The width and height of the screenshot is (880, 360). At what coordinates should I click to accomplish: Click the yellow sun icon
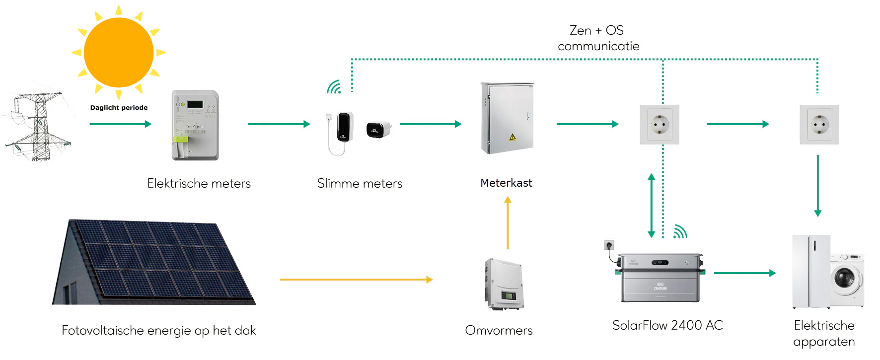(119, 52)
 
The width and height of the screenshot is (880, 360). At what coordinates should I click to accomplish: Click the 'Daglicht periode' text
(119, 108)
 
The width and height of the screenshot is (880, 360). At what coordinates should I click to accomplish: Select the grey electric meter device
(195, 125)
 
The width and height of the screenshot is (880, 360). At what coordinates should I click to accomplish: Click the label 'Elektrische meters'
(199, 184)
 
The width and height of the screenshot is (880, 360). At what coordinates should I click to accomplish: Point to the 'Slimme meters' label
(360, 184)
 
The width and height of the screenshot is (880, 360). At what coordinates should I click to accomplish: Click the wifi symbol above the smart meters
(334, 87)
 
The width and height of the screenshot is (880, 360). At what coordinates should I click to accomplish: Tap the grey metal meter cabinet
(507, 118)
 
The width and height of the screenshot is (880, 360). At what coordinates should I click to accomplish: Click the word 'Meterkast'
(506, 183)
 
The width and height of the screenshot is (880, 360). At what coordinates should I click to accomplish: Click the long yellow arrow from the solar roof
(356, 280)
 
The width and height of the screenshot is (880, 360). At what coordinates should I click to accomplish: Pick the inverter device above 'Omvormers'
(504, 284)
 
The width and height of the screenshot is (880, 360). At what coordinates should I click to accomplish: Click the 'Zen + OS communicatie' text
(598, 38)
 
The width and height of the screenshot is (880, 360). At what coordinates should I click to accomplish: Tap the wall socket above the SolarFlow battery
(660, 125)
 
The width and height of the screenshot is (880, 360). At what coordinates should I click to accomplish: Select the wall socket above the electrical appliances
(819, 125)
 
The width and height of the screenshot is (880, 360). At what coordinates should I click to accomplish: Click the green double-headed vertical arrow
(652, 205)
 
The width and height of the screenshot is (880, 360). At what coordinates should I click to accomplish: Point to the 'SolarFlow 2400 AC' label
(667, 326)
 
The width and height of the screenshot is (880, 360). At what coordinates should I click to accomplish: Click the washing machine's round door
(844, 277)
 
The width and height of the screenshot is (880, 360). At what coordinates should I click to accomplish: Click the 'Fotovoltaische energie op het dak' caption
(158, 331)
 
